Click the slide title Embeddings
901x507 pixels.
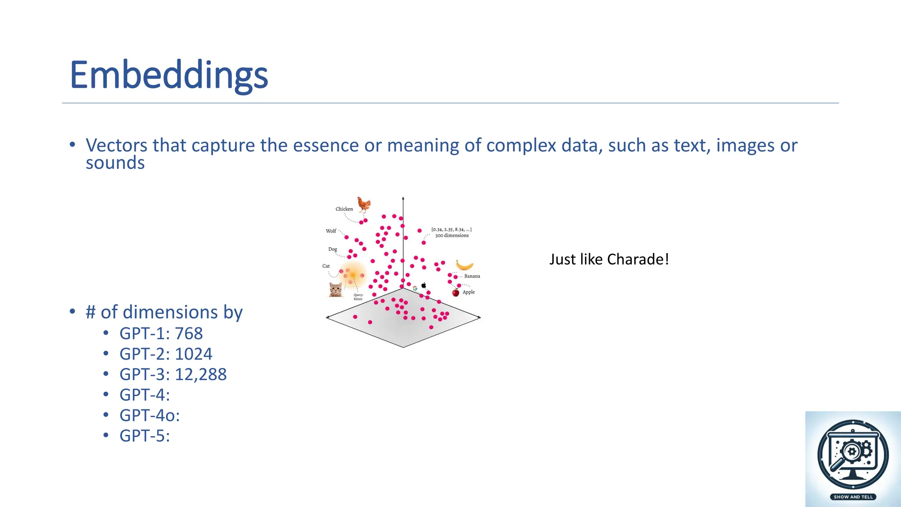(168, 75)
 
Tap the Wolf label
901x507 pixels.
(331, 231)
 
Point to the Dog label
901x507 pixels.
(333, 249)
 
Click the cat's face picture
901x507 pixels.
(336, 290)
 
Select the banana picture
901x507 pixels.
(464, 265)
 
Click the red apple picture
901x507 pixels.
(456, 292)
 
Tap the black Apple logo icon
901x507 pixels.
(424, 285)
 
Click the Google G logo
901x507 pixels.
(415, 289)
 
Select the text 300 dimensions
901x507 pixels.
(452, 235)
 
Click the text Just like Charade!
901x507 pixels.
(609, 259)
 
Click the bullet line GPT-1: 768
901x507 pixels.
(161, 334)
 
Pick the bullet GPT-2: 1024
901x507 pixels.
(166, 354)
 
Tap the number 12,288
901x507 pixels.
(201, 375)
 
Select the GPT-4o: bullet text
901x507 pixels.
(150, 415)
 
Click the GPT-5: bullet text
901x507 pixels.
(145, 436)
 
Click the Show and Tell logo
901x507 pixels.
(853, 459)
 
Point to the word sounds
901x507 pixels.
(115, 163)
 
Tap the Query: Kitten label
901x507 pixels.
(358, 297)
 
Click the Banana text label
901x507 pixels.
(472, 276)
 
